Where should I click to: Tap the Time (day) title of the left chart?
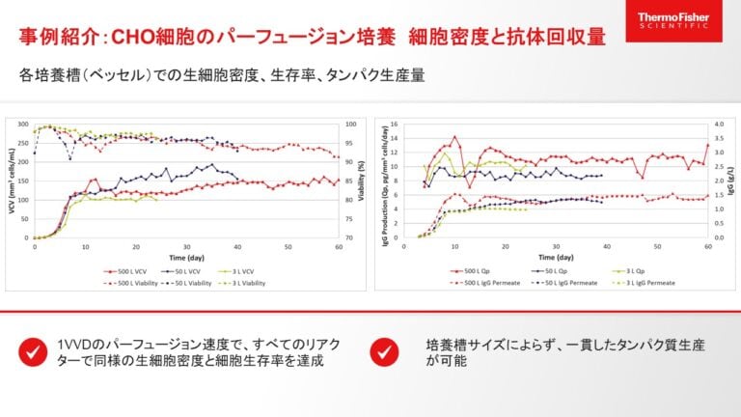pos(186,258)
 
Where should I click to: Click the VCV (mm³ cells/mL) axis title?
pos(12,181)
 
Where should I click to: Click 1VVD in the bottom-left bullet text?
pos(76,345)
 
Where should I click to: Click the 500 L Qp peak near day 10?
pos(454,137)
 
